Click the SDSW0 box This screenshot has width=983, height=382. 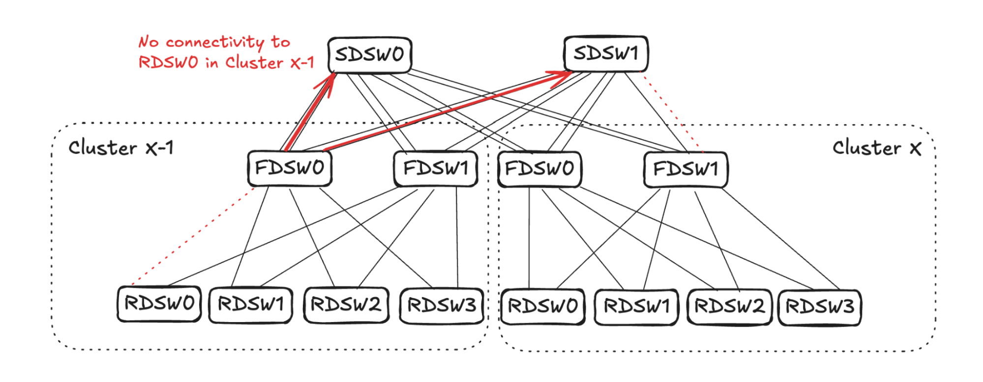click(370, 55)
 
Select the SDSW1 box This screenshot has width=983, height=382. click(606, 53)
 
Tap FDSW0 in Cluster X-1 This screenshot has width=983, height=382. click(290, 168)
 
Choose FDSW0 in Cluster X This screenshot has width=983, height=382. click(539, 169)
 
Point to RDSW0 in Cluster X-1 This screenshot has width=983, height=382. click(159, 304)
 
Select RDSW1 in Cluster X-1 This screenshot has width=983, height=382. click(251, 305)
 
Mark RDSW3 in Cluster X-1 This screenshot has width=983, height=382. click(442, 306)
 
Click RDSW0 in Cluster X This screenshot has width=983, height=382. click(543, 307)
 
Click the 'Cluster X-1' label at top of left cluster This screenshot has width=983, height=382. click(121, 148)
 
